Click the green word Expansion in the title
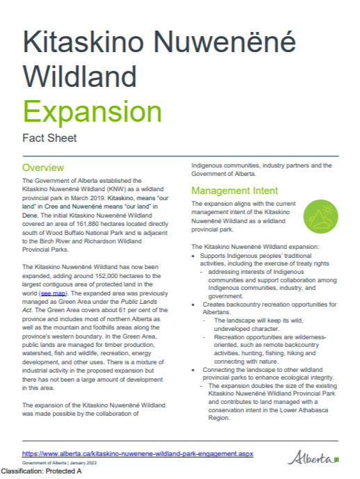[x=92, y=112]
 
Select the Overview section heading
[x=43, y=168]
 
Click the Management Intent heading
[x=235, y=190]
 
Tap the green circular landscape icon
[x=321, y=216]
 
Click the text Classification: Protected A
[x=41, y=472]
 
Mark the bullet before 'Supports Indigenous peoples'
[x=193, y=256]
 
